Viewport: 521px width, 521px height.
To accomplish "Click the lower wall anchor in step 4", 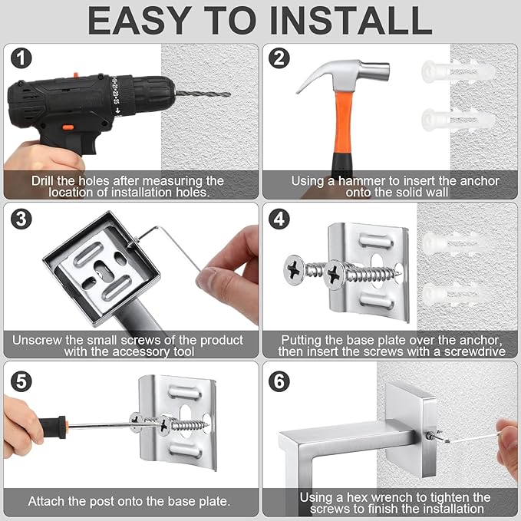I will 456,292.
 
